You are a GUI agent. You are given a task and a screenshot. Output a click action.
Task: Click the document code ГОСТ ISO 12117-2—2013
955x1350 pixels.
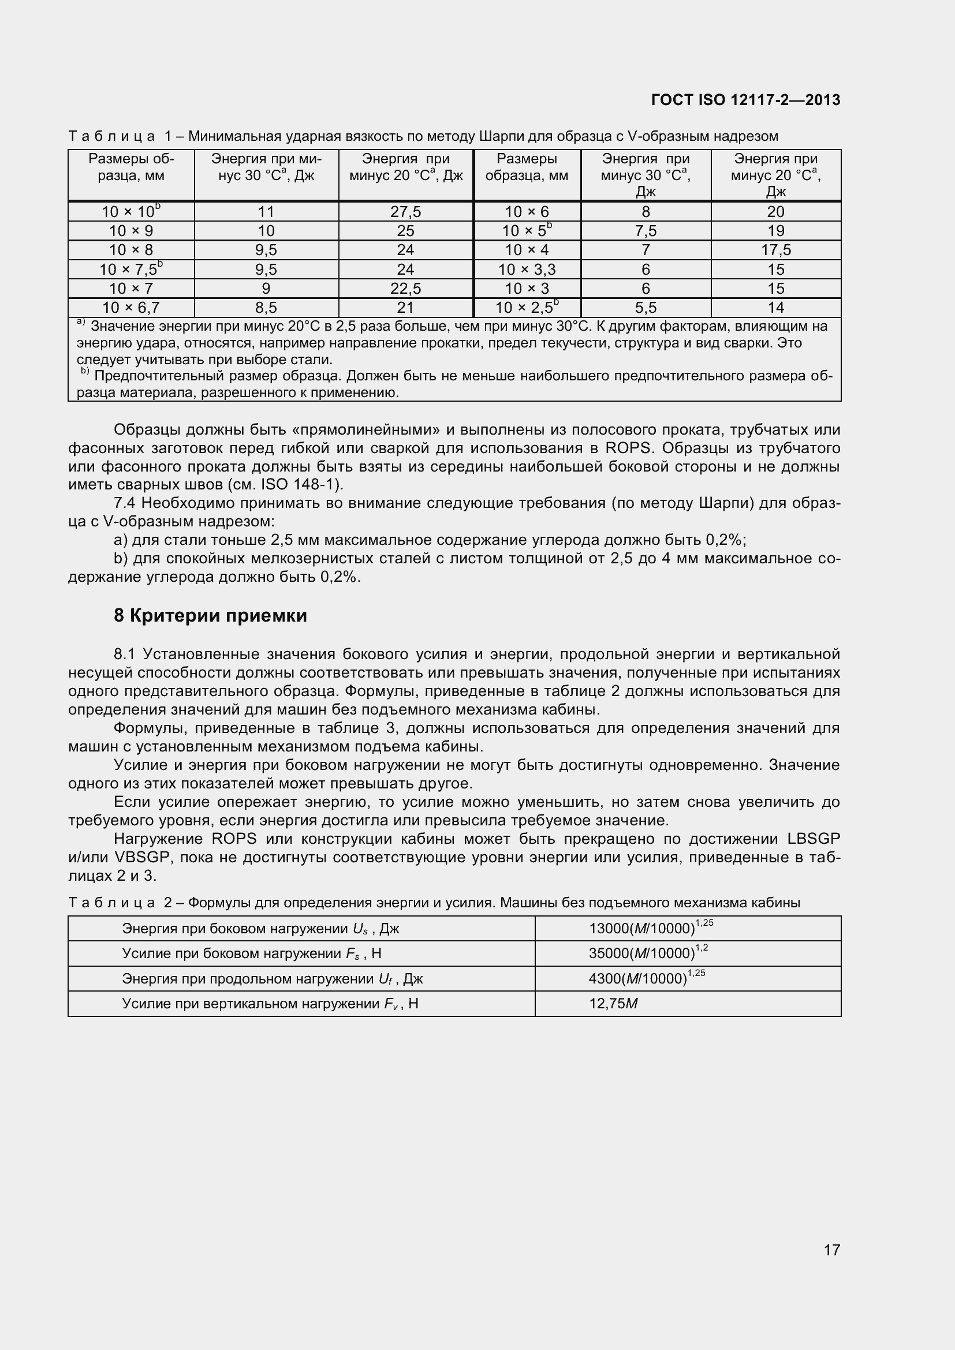click(x=745, y=100)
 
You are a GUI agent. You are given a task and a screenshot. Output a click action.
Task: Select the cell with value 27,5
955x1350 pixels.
click(x=405, y=212)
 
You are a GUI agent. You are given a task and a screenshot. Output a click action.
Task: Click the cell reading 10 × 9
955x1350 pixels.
click(x=130, y=230)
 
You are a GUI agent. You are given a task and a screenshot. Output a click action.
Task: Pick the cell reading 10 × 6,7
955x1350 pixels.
click(x=130, y=308)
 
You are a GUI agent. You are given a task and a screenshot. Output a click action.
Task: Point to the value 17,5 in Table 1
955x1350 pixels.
click(x=775, y=250)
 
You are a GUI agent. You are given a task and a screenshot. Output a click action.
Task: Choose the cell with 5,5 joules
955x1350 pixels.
click(x=645, y=308)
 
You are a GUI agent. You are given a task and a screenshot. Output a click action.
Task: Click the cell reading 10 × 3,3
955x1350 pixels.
click(x=527, y=270)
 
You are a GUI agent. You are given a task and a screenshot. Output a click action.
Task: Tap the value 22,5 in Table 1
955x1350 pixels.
click(x=405, y=288)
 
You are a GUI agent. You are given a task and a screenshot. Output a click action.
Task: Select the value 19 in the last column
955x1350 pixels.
click(x=775, y=230)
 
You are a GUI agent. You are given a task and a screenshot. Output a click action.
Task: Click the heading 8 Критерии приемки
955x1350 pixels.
click(x=210, y=616)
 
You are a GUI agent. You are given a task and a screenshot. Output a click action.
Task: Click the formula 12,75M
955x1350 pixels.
click(x=613, y=1003)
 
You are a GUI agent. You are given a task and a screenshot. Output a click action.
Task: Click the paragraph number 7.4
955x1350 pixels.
click(x=125, y=503)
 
